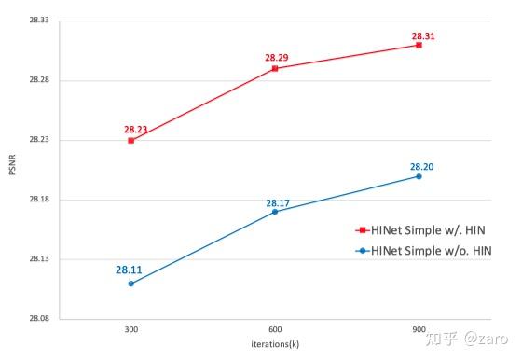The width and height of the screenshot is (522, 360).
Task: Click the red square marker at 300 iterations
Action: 131,140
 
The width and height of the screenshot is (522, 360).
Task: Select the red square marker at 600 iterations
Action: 275,69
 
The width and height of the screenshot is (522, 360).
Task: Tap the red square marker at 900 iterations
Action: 419,45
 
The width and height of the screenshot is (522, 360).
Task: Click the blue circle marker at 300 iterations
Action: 131,283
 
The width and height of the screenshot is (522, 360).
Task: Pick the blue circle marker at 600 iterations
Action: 275,212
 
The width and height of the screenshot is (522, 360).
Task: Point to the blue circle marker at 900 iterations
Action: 419,176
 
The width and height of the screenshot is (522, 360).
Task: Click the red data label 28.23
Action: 136,130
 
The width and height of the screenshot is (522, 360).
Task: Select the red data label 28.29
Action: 277,58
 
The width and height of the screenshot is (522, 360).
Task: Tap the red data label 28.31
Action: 423,36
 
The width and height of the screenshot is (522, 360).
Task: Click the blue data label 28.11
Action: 130,270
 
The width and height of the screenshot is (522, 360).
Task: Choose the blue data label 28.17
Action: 278,202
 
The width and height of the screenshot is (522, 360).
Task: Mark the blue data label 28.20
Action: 422,167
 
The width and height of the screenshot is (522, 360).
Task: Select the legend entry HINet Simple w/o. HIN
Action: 429,250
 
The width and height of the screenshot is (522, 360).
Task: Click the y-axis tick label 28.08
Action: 37,319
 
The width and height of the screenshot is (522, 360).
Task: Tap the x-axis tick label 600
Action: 275,332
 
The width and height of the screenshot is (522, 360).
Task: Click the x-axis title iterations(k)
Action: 275,345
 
